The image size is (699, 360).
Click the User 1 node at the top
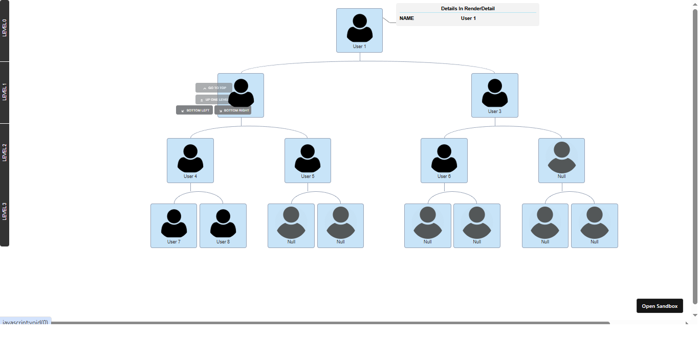pyautogui.click(x=359, y=30)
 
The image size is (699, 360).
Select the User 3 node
pyautogui.click(x=494, y=95)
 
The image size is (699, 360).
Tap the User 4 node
pyautogui.click(x=190, y=160)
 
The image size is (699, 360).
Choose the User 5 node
pyautogui.click(x=308, y=160)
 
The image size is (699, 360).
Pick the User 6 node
pyautogui.click(x=444, y=160)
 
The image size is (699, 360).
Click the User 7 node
pyautogui.click(x=173, y=226)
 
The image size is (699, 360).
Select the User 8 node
pyautogui.click(x=223, y=226)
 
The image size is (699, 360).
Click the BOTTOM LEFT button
pyautogui.click(x=194, y=110)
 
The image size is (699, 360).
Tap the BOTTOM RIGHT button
pyautogui.click(x=233, y=110)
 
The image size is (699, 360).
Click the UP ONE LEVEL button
pyautogui.click(x=213, y=99)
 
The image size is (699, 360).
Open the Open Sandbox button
pyautogui.click(x=660, y=306)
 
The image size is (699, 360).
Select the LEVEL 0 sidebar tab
pyautogui.click(x=5, y=28)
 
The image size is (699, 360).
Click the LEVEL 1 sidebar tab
pyautogui.click(x=5, y=92)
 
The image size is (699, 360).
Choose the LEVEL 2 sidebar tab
pyautogui.click(x=5, y=153)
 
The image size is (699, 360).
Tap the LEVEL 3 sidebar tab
pyautogui.click(x=5, y=211)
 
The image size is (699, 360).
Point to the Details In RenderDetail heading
pyautogui.click(x=468, y=9)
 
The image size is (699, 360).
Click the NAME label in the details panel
pyautogui.click(x=407, y=18)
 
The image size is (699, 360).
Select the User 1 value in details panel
pyautogui.click(x=468, y=18)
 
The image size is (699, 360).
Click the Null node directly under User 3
pyautogui.click(x=561, y=160)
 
